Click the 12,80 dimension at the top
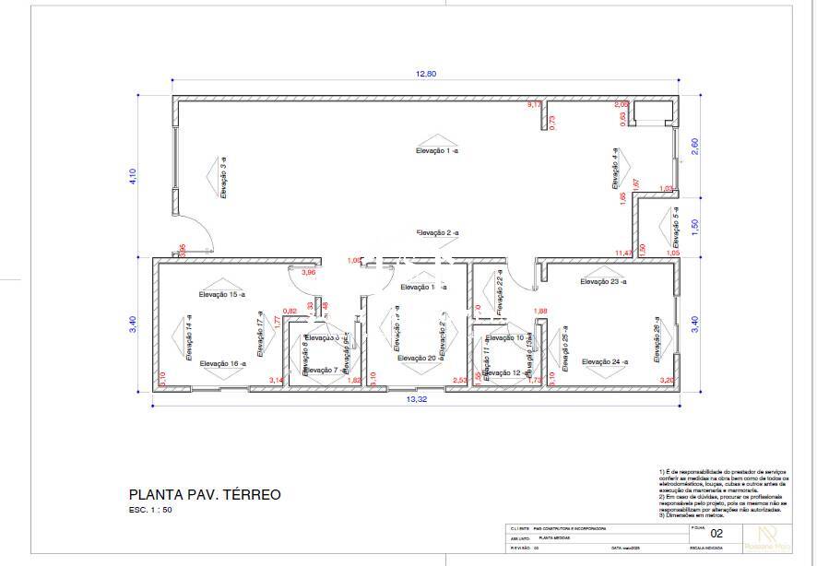(425, 74)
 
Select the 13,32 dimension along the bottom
(417, 400)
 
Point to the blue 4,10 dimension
(133, 176)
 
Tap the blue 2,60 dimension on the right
(694, 145)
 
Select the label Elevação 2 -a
(437, 233)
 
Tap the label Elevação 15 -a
(222, 294)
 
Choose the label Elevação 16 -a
(222, 364)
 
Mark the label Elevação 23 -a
(603, 281)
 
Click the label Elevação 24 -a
(604, 362)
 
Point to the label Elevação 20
(417, 358)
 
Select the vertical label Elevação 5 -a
(675, 224)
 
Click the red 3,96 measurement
(309, 273)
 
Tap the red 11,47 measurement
(624, 253)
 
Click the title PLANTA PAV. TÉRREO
(205, 495)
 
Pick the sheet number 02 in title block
(716, 534)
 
